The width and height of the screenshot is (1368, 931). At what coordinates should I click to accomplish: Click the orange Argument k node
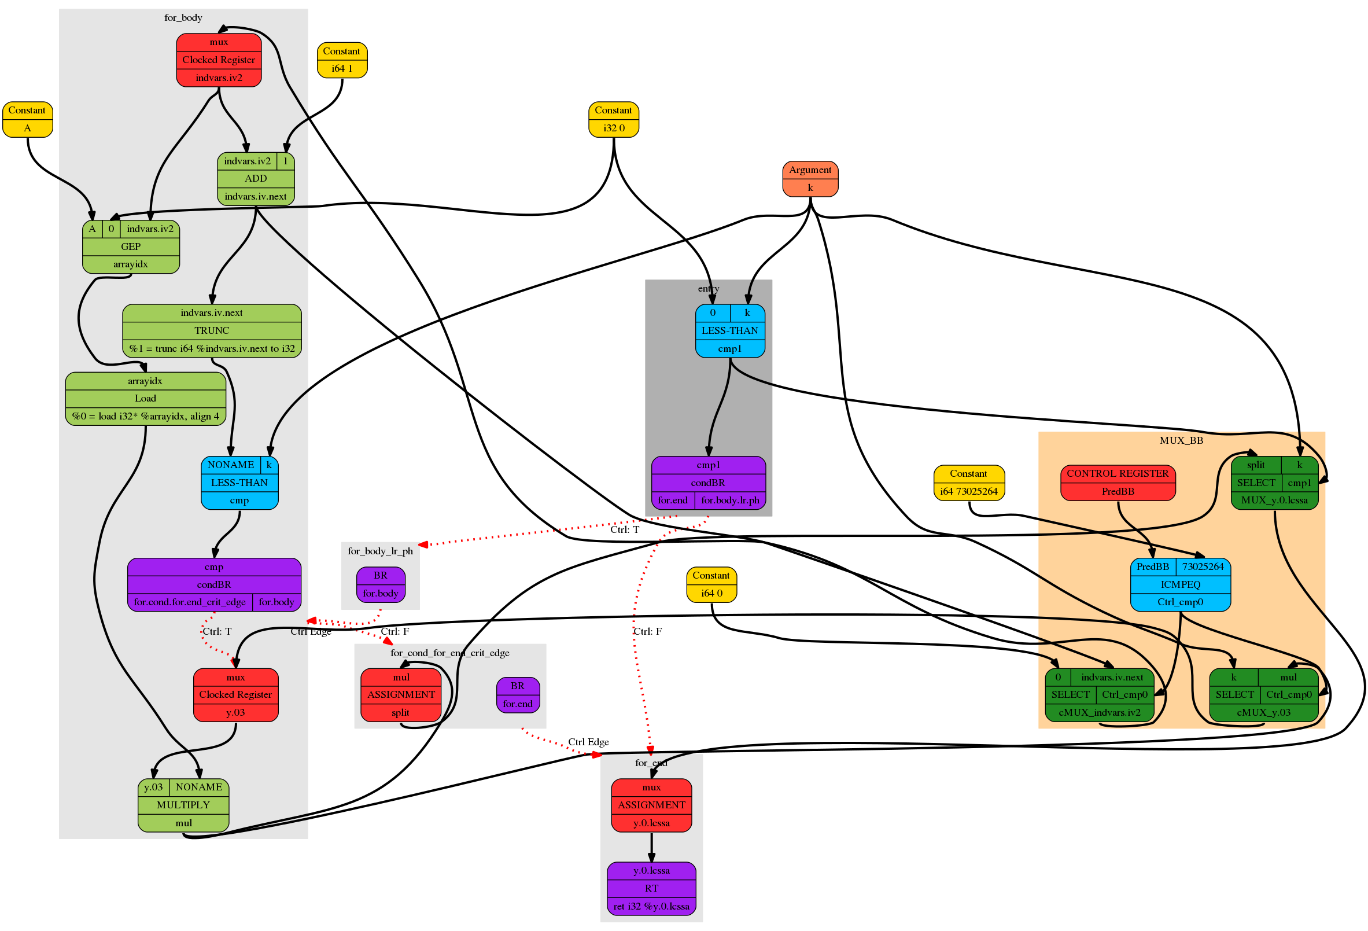(x=810, y=178)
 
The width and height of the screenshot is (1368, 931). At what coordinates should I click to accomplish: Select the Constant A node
(x=27, y=119)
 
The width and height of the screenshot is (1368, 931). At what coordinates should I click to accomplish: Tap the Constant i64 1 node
(x=342, y=60)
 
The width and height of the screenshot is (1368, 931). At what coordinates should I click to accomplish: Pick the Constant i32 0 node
(x=613, y=119)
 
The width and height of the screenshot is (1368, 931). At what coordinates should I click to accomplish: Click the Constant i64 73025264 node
(x=968, y=483)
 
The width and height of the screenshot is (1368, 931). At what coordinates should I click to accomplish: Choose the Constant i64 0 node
(x=711, y=584)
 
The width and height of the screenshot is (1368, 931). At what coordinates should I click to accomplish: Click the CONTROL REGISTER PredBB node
(x=1117, y=483)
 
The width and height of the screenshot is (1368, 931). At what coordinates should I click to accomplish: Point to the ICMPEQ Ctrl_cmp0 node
(x=1179, y=584)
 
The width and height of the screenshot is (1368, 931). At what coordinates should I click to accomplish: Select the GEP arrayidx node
(x=131, y=246)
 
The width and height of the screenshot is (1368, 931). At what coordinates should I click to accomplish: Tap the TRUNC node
(x=212, y=330)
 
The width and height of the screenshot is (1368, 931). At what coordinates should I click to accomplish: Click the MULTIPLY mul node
(x=183, y=804)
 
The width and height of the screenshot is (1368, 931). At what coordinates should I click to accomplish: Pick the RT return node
(x=651, y=888)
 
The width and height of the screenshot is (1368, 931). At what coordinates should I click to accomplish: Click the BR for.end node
(x=518, y=694)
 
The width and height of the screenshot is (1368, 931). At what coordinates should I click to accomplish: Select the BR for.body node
(x=380, y=584)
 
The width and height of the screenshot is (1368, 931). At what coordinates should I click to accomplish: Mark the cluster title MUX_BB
(x=1181, y=440)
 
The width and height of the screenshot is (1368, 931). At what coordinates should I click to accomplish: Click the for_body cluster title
(x=183, y=18)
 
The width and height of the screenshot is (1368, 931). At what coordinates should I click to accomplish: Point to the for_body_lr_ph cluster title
(x=380, y=551)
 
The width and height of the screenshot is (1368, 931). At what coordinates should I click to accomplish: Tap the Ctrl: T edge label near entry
(x=624, y=529)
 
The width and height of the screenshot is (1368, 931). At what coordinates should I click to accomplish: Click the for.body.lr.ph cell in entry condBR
(x=730, y=500)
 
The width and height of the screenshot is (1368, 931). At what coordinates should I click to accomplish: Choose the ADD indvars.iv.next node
(x=256, y=178)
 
